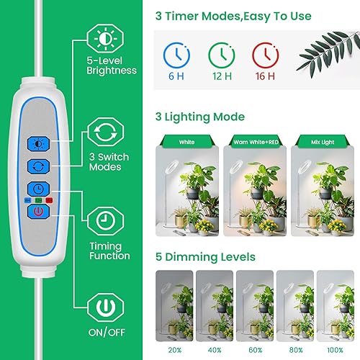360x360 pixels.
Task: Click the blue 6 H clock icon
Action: click(x=174, y=55)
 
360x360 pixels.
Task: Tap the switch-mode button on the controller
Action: click(x=37, y=166)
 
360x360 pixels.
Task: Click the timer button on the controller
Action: click(x=37, y=189)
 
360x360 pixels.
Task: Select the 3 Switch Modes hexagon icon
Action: click(x=104, y=132)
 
